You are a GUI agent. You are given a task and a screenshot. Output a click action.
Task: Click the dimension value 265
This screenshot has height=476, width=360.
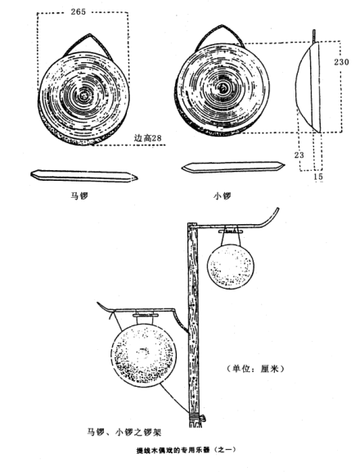pyautogui.click(x=79, y=11)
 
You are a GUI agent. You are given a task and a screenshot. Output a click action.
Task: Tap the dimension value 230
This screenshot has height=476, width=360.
pyautogui.click(x=341, y=62)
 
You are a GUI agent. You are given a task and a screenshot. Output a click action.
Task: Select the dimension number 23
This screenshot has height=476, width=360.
pyautogui.click(x=299, y=155)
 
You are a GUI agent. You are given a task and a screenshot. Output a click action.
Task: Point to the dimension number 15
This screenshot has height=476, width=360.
pyautogui.click(x=318, y=177)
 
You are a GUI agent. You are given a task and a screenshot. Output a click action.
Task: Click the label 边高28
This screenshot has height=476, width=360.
pyautogui.click(x=147, y=138)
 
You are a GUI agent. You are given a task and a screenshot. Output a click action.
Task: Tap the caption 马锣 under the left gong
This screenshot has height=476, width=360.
pyautogui.click(x=79, y=195)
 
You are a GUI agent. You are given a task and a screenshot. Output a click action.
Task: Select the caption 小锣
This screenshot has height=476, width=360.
pyautogui.click(x=223, y=195)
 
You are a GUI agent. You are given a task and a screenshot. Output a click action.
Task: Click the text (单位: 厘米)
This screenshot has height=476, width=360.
pyautogui.click(x=255, y=369)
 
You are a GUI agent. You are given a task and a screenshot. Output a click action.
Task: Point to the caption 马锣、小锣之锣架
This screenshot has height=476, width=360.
pyautogui.click(x=124, y=432)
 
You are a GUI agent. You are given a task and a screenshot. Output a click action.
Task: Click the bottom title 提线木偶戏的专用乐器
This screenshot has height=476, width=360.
pyautogui.click(x=173, y=450)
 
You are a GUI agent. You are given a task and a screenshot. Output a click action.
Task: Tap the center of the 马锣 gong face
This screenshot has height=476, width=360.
pyautogui.click(x=83, y=97)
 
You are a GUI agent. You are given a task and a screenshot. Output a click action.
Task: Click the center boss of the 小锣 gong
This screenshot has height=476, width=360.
pyautogui.click(x=223, y=88)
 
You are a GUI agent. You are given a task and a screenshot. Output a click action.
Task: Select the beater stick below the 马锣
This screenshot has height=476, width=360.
pyautogui.click(x=83, y=176)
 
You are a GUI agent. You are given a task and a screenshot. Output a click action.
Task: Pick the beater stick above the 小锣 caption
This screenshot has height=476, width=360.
pyautogui.click(x=233, y=167)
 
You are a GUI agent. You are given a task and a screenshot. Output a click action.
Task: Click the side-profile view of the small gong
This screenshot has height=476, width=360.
pyautogui.click(x=308, y=87)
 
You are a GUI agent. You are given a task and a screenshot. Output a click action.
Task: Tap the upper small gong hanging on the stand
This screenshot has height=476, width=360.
pyautogui.click(x=231, y=267)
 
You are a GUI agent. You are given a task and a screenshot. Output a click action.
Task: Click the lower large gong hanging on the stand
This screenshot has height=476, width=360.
pyautogui.click(x=143, y=356)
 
